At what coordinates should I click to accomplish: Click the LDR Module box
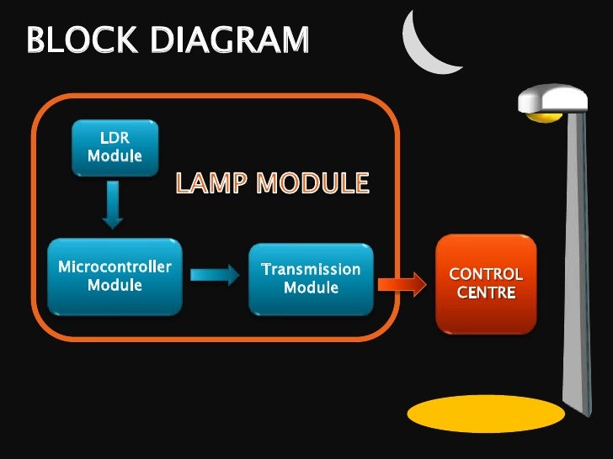click(x=115, y=147)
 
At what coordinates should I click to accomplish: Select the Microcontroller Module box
click(x=115, y=277)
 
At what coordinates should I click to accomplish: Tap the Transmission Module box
click(x=311, y=278)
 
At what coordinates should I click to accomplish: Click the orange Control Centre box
click(x=486, y=283)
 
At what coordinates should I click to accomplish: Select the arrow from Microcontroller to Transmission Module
click(x=215, y=276)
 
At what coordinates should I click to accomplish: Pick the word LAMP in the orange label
click(x=211, y=182)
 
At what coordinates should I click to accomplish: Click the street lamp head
click(x=553, y=101)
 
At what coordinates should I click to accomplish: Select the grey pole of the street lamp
click(x=578, y=252)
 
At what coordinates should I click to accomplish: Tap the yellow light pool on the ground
click(x=485, y=414)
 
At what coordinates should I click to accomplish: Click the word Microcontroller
click(x=115, y=267)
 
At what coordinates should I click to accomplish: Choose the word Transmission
click(x=311, y=270)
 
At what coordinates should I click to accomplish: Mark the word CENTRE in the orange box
click(x=486, y=293)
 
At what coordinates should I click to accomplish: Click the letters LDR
click(x=115, y=138)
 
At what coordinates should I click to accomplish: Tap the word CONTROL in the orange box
click(x=486, y=275)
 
